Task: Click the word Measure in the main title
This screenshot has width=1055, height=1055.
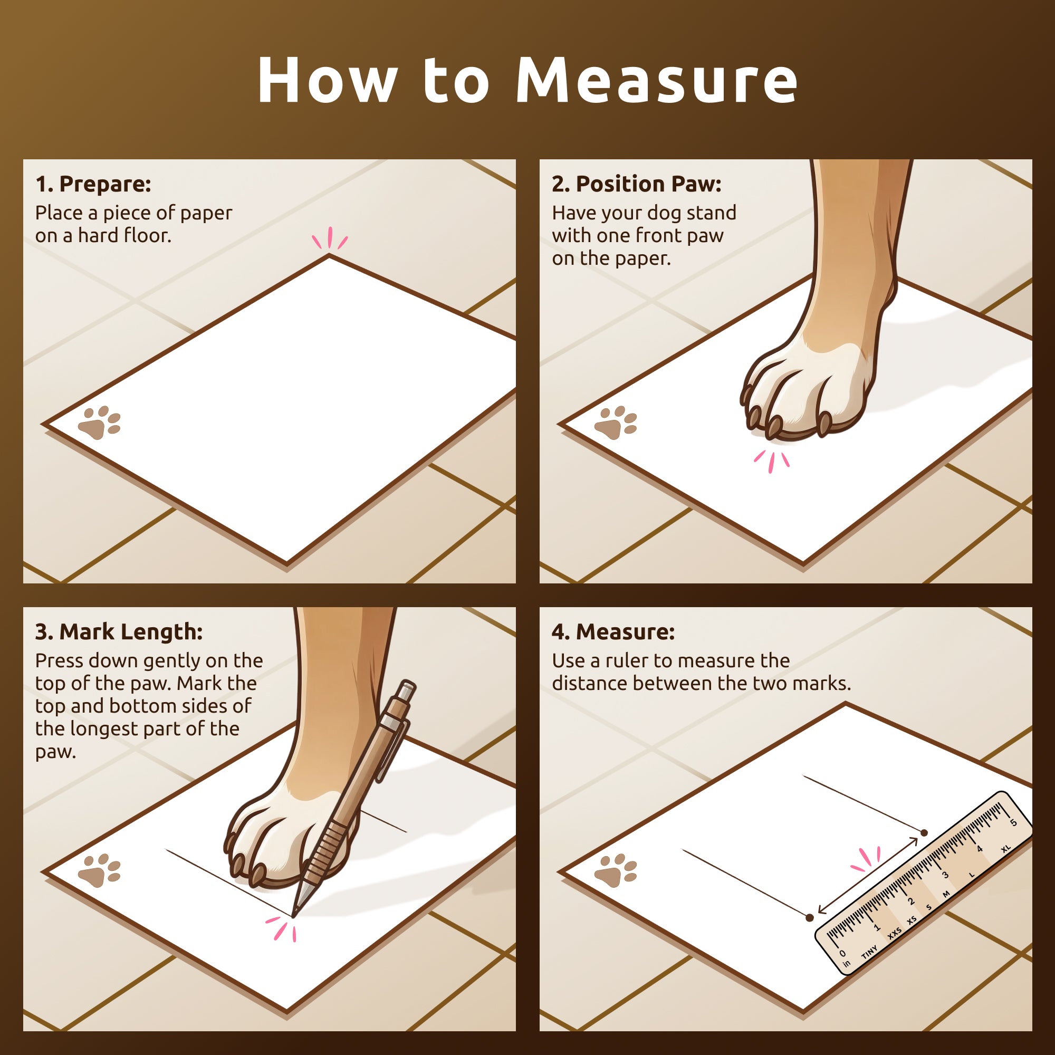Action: click(x=656, y=79)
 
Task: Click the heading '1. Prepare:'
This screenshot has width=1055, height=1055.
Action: click(x=93, y=184)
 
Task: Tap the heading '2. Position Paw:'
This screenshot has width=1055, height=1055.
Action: click(x=637, y=184)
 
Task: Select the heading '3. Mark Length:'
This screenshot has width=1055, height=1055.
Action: click(x=119, y=632)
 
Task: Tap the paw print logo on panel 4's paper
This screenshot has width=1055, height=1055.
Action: click(x=616, y=870)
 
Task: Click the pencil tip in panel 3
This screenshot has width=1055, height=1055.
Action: click(x=294, y=915)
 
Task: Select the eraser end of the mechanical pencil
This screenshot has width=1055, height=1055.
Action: click(x=407, y=688)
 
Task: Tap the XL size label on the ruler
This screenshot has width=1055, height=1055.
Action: click(x=1006, y=849)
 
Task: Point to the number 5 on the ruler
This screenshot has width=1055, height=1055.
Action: click(x=1013, y=823)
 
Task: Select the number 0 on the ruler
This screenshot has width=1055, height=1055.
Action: click(x=842, y=953)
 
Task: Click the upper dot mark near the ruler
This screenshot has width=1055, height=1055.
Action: click(x=924, y=833)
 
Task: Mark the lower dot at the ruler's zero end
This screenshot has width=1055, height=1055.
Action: click(x=810, y=917)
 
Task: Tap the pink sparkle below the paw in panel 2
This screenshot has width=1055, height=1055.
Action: click(x=772, y=461)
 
